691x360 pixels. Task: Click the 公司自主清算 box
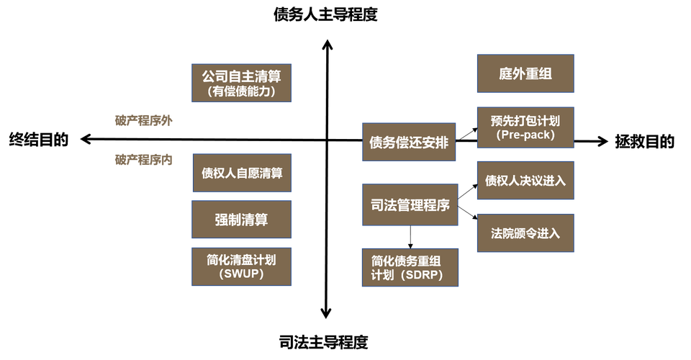click(x=240, y=82)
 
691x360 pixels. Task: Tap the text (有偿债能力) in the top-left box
click(x=240, y=91)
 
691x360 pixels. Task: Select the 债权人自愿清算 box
click(x=241, y=173)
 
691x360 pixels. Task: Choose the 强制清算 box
click(x=241, y=220)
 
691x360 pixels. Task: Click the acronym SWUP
click(x=241, y=274)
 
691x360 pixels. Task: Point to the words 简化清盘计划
click(x=241, y=259)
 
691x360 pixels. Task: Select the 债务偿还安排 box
click(x=409, y=143)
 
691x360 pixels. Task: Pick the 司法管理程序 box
click(x=409, y=204)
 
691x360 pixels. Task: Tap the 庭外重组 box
click(x=525, y=73)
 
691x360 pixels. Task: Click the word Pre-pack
click(x=525, y=135)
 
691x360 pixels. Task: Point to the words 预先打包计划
click(x=525, y=120)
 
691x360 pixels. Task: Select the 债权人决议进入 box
click(x=525, y=181)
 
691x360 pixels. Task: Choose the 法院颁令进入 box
click(x=525, y=233)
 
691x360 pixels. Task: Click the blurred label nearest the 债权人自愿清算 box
click(x=143, y=160)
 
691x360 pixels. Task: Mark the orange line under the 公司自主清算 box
click(x=240, y=103)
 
